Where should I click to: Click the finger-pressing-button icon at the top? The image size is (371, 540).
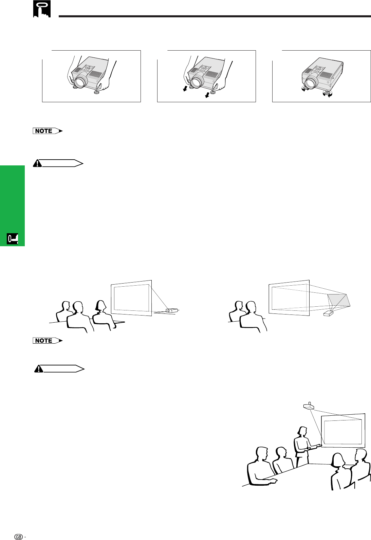42,9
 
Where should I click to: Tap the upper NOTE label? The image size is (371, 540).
48,131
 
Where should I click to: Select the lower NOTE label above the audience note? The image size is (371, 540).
48,341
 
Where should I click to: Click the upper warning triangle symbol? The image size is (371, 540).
37,163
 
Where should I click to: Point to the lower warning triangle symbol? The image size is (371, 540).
39,369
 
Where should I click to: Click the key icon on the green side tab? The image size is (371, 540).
13,239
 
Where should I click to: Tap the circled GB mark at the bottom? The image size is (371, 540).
19,537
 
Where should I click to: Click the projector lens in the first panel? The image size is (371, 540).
79,82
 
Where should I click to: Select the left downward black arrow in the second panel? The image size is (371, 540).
185,89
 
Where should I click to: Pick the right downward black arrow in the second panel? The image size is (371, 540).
207,95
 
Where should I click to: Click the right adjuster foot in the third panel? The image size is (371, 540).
328,93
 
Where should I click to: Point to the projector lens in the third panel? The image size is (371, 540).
312,82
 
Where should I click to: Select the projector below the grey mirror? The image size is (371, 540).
328,313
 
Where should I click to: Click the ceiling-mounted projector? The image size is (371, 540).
309,406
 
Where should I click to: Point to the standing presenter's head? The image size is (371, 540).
302,431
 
